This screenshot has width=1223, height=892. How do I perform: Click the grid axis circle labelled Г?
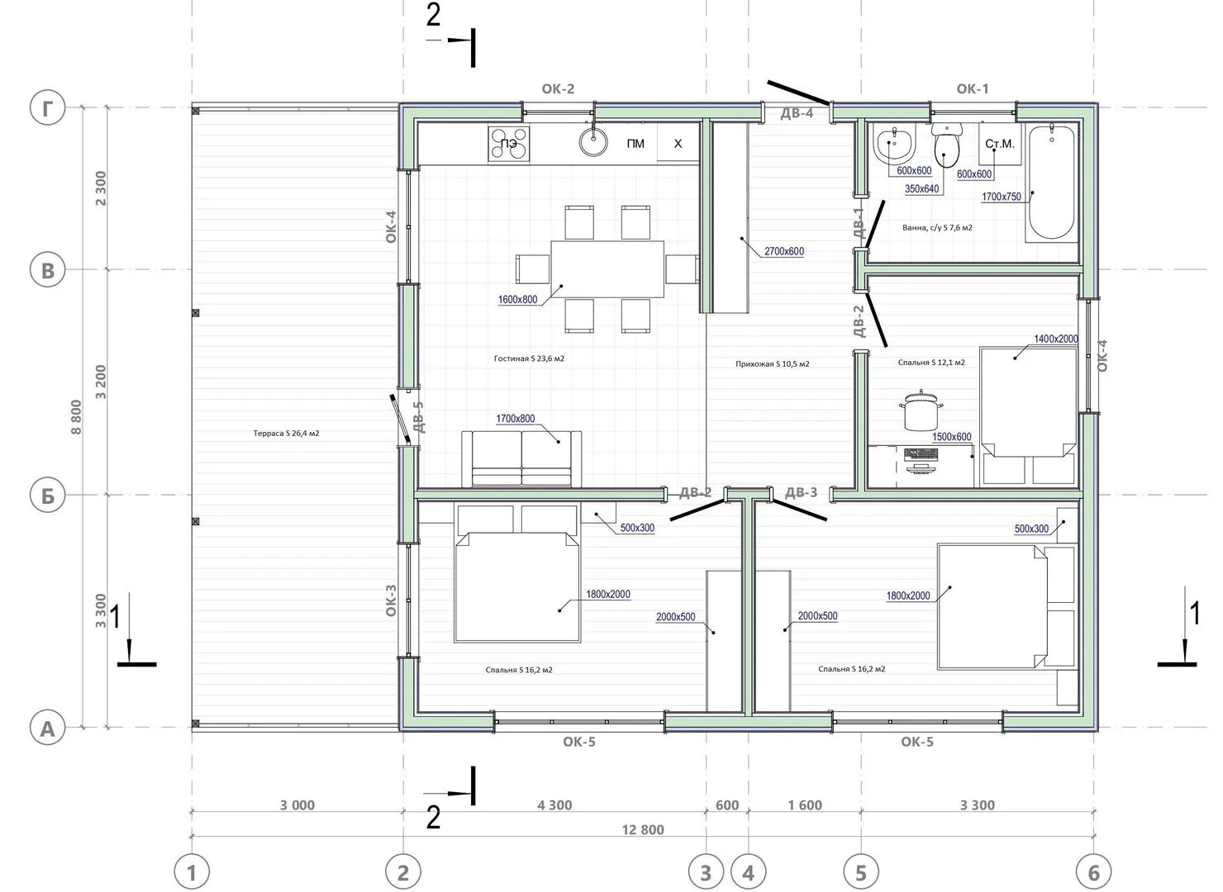47,107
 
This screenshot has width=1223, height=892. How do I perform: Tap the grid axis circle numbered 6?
1093,873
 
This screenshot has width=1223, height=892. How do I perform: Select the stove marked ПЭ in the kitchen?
509,144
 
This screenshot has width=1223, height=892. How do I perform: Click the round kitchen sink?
593,142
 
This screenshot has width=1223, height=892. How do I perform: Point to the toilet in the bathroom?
947,145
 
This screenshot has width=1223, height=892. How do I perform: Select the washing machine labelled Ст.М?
1000,144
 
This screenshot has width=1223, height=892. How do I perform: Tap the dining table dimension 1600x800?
517,300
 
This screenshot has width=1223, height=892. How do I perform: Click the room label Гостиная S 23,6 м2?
529,358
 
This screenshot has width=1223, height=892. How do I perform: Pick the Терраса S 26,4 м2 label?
286,433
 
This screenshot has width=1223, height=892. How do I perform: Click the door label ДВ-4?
797,113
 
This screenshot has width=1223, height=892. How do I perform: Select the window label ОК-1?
973,88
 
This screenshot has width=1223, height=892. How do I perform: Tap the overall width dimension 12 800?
643,830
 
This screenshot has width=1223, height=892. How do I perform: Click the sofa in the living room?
521,459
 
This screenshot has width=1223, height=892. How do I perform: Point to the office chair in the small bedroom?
921,410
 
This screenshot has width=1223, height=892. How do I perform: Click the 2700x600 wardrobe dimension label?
784,252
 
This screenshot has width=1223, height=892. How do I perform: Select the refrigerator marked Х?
678,144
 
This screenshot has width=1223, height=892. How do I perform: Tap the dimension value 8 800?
76,417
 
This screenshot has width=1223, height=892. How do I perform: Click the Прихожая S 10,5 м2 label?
772,364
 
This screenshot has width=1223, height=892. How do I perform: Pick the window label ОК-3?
391,600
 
